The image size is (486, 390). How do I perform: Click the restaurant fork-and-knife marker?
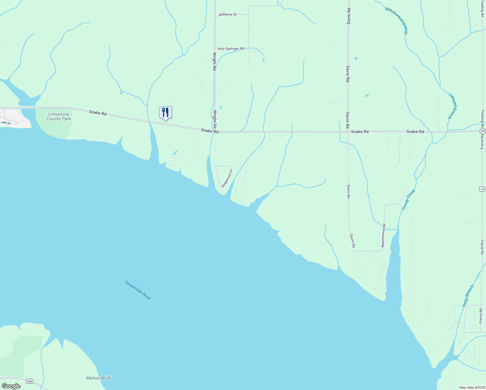(x=165, y=112)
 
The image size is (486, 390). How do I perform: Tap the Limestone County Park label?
(x=58, y=116)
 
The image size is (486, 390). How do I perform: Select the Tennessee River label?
(x=138, y=290)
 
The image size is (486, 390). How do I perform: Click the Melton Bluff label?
(x=98, y=378)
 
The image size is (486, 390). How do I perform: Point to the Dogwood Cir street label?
(x=227, y=178)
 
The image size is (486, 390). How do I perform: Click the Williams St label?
(x=227, y=15)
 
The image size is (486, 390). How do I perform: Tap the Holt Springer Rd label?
(x=231, y=49)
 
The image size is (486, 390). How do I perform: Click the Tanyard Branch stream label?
(x=453, y=106)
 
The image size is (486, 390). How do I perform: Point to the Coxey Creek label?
(x=408, y=200)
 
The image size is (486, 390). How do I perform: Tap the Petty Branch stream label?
(x=468, y=296)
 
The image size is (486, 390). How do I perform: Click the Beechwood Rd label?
(x=383, y=235)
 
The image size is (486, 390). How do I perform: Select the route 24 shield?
(x=482, y=131)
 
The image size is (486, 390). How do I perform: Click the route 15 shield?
(x=482, y=189)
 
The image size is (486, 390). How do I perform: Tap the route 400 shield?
(x=30, y=381)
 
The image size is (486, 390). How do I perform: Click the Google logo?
(x=11, y=386)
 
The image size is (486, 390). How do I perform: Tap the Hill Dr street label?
(x=6, y=123)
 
